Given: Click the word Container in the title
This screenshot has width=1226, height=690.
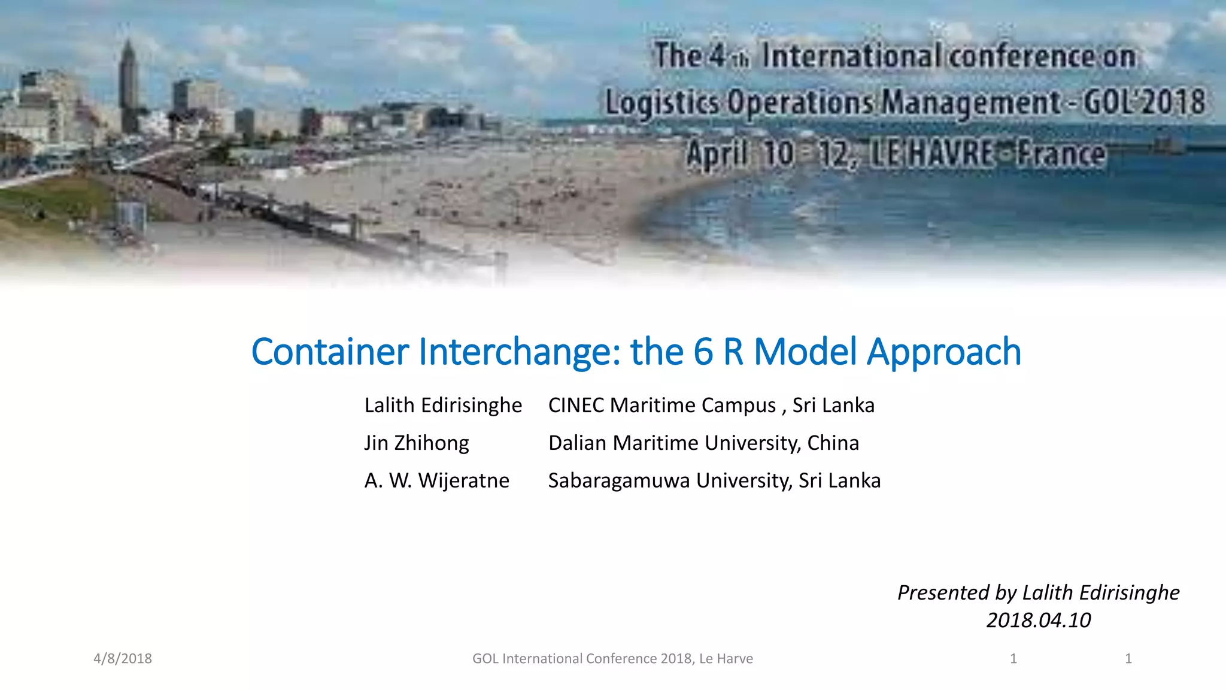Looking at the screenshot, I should click(x=330, y=352).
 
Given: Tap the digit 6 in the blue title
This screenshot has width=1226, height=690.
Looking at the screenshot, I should click(x=703, y=352).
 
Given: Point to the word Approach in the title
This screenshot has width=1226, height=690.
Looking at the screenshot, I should click(x=944, y=353).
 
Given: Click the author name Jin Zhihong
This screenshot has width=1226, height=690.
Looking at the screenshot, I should click(x=417, y=443).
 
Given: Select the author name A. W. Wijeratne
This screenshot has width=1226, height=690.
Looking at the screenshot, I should click(x=436, y=481).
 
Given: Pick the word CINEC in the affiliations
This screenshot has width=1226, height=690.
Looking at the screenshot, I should click(x=576, y=405).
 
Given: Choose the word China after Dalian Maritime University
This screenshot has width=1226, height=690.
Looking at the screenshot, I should click(x=833, y=443).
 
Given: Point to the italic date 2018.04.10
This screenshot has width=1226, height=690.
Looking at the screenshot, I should click(x=1039, y=621).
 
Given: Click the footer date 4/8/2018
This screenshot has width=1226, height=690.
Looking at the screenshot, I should click(x=123, y=659).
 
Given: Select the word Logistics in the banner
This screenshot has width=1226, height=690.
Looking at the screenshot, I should click(x=661, y=102).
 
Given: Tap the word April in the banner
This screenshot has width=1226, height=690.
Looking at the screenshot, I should click(x=717, y=154).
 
